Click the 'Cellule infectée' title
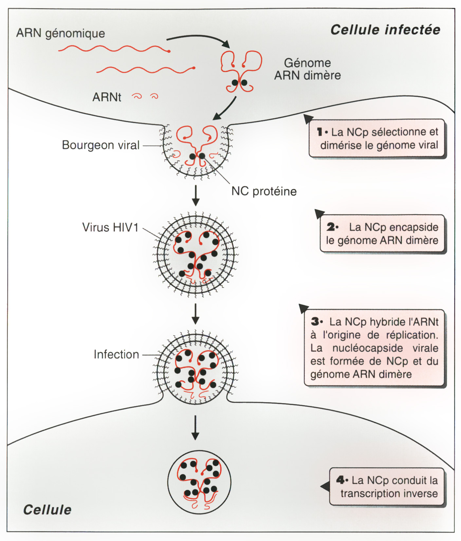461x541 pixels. [385, 30]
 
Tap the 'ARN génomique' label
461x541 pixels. [61, 33]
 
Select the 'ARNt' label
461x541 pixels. [107, 97]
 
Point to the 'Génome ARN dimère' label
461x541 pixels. [307, 69]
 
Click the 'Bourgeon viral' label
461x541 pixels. [101, 145]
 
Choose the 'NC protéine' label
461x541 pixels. [264, 191]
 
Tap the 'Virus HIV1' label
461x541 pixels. [110, 227]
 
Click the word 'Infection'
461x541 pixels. [116, 354]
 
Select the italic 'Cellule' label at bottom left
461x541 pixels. [47, 510]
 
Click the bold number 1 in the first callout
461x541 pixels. [320, 132]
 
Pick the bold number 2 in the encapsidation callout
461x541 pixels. [331, 227]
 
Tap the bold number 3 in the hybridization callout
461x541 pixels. [315, 322]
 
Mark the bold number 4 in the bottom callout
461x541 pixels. [340, 480]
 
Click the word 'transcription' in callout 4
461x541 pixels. [367, 494]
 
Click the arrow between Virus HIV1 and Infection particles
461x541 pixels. [195, 314]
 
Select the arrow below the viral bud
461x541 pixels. [195, 196]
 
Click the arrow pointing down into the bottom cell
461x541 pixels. [195, 427]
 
